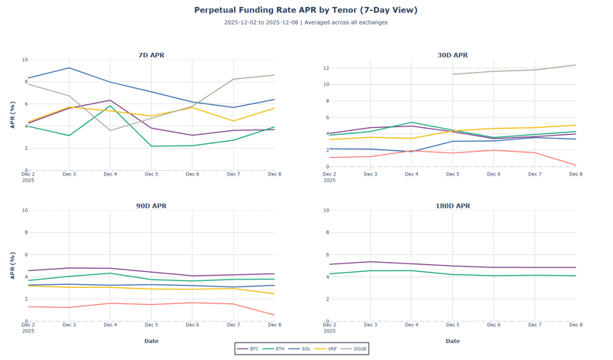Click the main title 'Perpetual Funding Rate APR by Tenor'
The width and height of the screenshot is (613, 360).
point(306,10)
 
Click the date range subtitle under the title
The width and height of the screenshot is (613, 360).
point(306,23)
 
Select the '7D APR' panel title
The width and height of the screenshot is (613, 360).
point(151,55)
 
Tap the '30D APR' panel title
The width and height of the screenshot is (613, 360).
point(452,55)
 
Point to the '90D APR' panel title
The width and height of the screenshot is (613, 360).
point(151,206)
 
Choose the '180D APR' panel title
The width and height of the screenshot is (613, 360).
point(452,206)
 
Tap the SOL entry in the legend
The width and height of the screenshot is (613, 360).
point(302,349)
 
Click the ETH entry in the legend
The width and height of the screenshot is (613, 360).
point(276,349)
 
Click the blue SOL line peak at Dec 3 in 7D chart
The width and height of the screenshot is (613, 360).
point(69,67)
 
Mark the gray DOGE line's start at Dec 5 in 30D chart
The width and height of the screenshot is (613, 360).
point(453,74)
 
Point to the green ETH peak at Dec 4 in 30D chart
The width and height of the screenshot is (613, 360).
point(411,123)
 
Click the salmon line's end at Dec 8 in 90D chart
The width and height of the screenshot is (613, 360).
point(274,315)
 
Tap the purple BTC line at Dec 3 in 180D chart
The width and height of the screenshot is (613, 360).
point(371,261)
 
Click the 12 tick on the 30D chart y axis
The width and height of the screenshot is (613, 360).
point(326,68)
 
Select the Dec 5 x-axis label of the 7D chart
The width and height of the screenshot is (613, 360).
point(151,175)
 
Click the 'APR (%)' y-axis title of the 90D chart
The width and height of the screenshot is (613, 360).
point(12,265)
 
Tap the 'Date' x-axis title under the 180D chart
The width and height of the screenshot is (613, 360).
point(452,341)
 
